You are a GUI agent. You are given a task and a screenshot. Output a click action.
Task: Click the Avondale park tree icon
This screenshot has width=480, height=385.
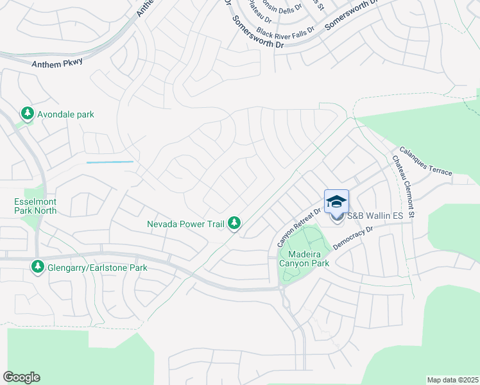(x=27, y=114)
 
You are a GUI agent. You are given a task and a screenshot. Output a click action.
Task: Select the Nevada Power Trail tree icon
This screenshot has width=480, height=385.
(x=236, y=223)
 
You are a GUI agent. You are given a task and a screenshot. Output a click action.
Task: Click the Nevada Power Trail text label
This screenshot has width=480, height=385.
(x=185, y=224)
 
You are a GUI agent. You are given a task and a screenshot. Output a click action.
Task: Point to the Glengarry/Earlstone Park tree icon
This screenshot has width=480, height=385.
(x=38, y=266)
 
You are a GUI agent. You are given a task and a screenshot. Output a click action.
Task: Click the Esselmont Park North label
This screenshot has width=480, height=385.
(x=35, y=205)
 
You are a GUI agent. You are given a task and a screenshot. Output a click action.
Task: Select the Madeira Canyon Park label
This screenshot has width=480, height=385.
(x=304, y=258)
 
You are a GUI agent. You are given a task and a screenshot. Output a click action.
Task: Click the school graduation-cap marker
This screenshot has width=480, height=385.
(x=336, y=201)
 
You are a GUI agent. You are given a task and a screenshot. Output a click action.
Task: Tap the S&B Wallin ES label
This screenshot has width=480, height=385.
(x=375, y=216)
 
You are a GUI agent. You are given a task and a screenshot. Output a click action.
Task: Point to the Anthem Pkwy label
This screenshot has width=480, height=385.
(x=57, y=63)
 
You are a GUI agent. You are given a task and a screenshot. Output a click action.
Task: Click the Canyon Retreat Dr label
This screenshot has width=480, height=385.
(x=298, y=228)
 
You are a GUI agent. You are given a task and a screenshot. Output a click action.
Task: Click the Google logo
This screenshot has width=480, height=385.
(x=21, y=377)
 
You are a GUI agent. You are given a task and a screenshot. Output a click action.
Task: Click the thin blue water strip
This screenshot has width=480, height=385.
(x=110, y=162)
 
